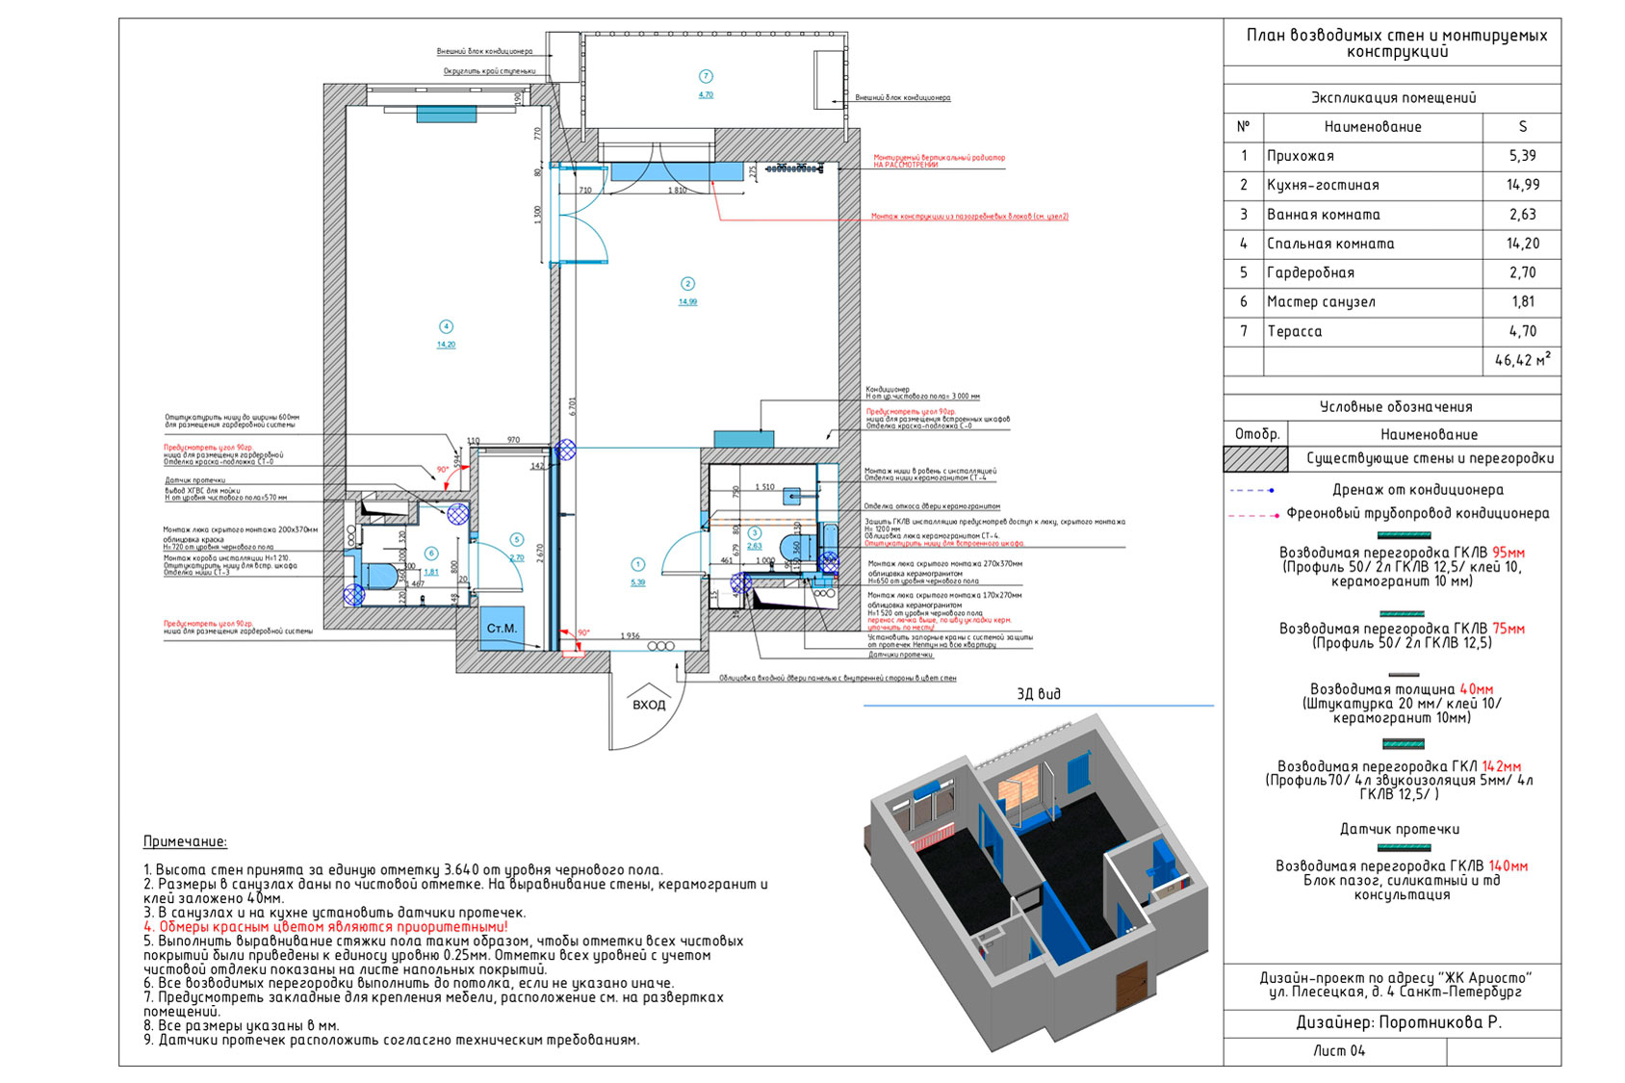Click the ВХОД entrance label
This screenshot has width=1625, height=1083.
pos(649,705)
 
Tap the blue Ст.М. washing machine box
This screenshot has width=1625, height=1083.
pos(502,629)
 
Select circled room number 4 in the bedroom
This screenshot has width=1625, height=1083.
pos(445,327)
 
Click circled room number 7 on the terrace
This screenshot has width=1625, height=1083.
pos(706,76)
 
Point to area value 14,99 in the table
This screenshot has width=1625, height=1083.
pos(1523,185)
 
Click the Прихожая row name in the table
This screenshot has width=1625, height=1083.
pos(1301,156)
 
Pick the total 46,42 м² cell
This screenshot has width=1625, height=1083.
pos(1522,361)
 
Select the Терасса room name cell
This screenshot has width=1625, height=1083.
pos(1295,331)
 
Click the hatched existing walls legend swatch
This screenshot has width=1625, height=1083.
pos(1255,459)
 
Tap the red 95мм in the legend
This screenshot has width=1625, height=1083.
pos(1509,553)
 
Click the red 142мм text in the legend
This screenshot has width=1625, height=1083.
pos(1502,766)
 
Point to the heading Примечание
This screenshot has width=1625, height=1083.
pos(185,841)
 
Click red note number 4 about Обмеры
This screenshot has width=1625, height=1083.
pos(325,926)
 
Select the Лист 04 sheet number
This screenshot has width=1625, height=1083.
pos(1339,1050)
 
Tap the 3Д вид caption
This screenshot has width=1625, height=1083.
pos(1038,693)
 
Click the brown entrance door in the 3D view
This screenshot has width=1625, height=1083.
pos(1132,987)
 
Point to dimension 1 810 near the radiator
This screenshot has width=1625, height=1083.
pos(678,191)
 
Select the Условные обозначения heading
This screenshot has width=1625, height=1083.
pos(1396,406)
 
